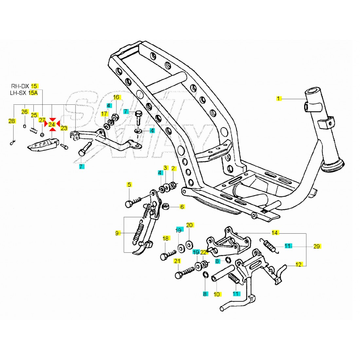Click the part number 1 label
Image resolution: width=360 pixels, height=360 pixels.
(279, 98)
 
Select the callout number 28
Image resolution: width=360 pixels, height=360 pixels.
(12, 121)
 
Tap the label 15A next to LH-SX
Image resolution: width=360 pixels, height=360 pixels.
(33, 93)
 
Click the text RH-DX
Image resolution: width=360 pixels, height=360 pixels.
(20, 86)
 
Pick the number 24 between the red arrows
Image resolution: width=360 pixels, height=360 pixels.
(52, 124)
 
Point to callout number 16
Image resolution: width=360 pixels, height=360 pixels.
(117, 97)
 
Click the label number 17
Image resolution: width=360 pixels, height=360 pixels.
(104, 114)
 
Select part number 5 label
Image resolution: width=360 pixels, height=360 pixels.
(129, 185)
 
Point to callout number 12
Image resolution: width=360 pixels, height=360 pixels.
(298, 265)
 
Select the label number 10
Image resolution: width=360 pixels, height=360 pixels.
(217, 294)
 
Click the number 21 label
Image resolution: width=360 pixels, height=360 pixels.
(177, 261)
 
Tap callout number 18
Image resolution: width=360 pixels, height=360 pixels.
(165, 238)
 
